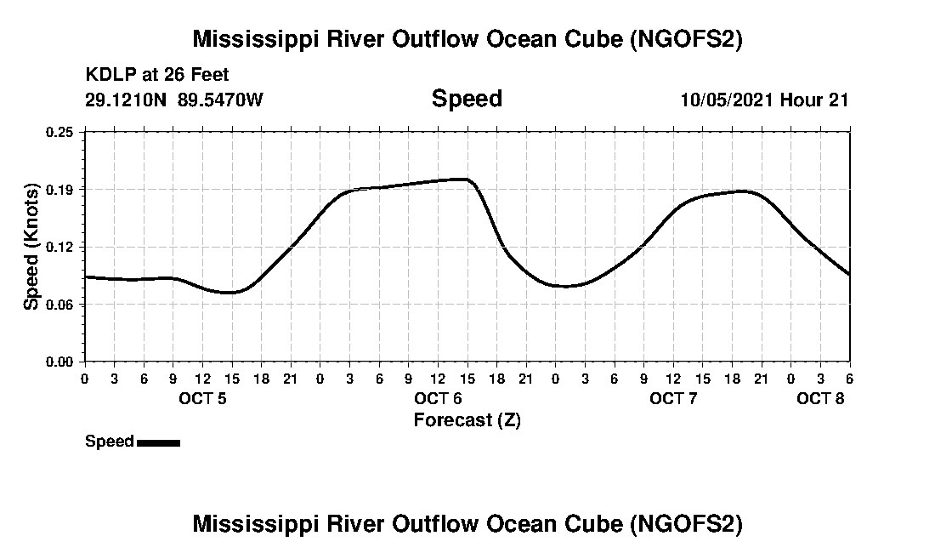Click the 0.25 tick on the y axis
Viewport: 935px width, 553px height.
(x=60, y=132)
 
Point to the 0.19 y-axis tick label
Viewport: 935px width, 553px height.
(x=60, y=189)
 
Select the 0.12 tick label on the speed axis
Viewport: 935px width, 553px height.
(x=60, y=247)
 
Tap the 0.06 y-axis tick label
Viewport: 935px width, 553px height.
(x=60, y=305)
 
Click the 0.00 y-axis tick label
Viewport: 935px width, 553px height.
(x=60, y=362)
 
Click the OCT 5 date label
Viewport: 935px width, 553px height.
(x=202, y=399)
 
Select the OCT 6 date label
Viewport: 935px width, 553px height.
(x=438, y=399)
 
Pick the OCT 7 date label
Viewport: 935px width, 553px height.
(x=673, y=399)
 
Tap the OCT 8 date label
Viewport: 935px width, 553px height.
(x=820, y=399)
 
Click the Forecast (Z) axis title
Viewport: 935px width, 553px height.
(x=467, y=420)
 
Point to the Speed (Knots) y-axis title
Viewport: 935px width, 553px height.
(x=31, y=247)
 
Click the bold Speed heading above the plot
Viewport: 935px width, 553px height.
(x=467, y=99)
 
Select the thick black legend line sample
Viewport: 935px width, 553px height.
(x=158, y=442)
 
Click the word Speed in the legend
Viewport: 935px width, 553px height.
(x=110, y=442)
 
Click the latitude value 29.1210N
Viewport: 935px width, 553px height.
(x=127, y=100)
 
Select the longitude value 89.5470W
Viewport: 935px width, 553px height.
(x=221, y=100)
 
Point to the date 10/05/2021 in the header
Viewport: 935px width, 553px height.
(x=727, y=100)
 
